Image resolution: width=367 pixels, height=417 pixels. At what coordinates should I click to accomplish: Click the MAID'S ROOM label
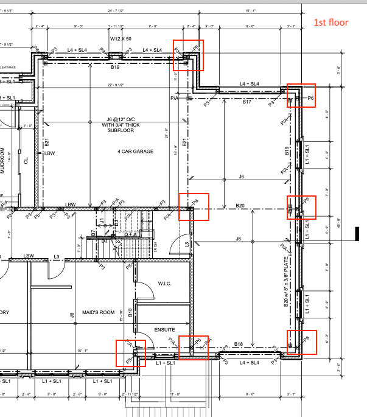pos(99,312)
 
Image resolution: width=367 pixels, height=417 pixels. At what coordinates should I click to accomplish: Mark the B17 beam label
pos(247,102)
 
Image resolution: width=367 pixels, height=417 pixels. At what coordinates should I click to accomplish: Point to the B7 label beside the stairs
pos(93,233)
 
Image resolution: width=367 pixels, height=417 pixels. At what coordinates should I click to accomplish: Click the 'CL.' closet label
pos(26,161)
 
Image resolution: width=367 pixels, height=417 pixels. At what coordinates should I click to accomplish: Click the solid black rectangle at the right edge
pos(358,233)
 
